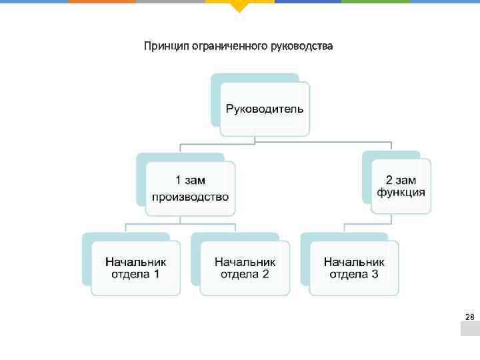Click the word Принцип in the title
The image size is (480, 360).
(166, 47)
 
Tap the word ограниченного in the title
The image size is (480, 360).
(231, 47)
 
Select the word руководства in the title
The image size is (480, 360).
(303, 47)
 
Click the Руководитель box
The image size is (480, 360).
(265, 109)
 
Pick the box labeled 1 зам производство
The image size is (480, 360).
(190, 188)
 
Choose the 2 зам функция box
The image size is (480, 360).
(401, 185)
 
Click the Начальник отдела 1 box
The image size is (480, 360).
(135, 267)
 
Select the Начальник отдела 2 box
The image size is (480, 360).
(245, 267)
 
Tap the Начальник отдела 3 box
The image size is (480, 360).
(354, 267)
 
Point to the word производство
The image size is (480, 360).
(190, 197)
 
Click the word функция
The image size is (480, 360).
(401, 193)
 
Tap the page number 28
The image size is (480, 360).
(469, 317)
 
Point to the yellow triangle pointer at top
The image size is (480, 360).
(239, 7)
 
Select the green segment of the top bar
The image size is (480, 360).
(376, 1)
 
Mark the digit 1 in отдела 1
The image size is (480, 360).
(156, 274)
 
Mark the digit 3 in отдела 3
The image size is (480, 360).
(375, 274)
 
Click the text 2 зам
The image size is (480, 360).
(401, 179)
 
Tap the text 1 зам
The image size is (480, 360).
(190, 180)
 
